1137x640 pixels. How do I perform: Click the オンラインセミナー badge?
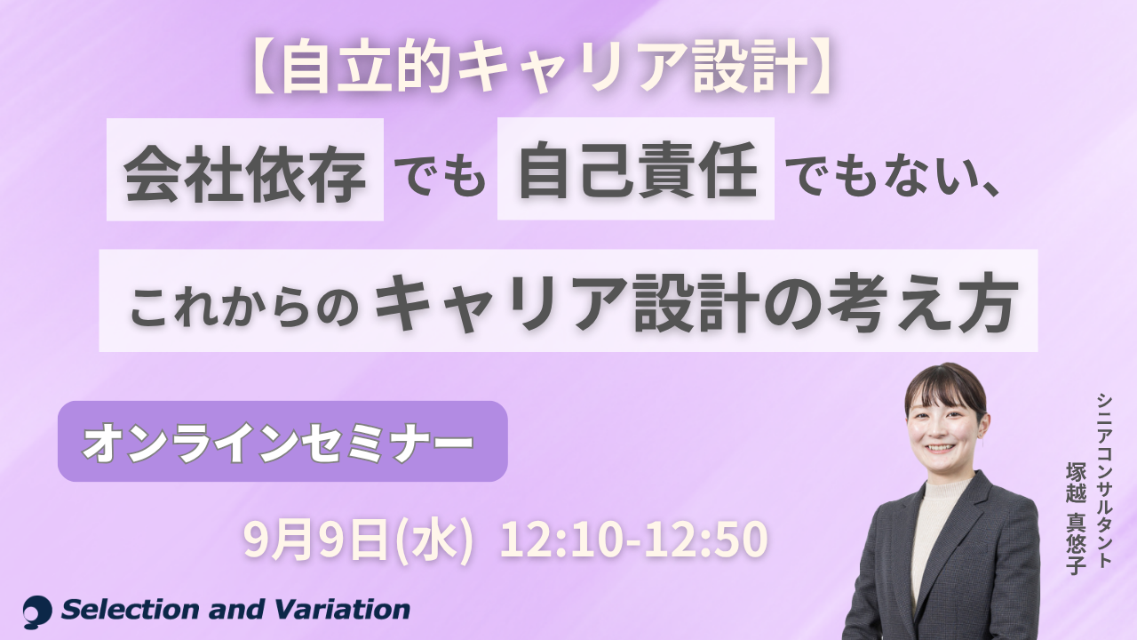[x=282, y=441]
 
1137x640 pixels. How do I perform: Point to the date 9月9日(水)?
[x=358, y=540]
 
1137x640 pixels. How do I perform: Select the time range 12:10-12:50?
[x=633, y=540]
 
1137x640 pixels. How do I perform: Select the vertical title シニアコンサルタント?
[x=1104, y=481]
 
